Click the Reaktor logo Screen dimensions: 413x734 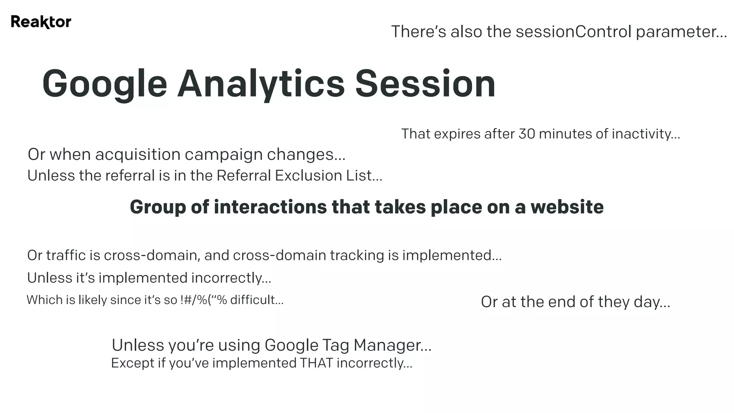(x=41, y=22)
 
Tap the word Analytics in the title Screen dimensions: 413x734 (x=261, y=84)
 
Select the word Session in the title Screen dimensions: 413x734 (x=425, y=84)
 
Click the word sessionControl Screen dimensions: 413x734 (x=573, y=32)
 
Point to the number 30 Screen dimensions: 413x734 (x=527, y=134)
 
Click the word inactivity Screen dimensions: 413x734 (x=645, y=134)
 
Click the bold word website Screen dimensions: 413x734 (x=567, y=207)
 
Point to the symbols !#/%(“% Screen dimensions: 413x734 (x=204, y=300)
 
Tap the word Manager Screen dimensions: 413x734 (x=392, y=345)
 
